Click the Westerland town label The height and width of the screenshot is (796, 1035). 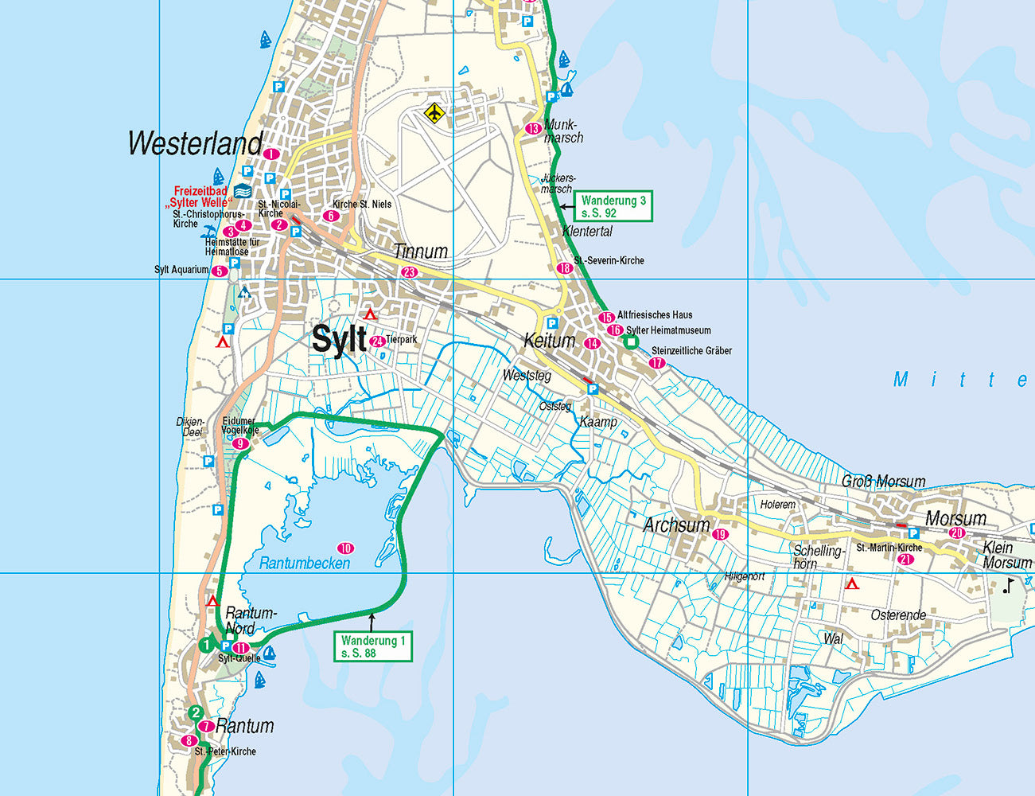pos(195,144)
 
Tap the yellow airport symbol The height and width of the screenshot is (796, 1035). pos(434,112)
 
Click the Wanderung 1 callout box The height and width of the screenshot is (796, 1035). pos(374,646)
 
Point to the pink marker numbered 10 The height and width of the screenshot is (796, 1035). pos(345,548)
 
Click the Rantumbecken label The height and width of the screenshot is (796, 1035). pos(305,564)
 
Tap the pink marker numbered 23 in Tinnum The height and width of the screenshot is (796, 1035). pos(409,272)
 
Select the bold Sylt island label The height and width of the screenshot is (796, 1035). pos(339,339)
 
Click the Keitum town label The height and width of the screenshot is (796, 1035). pos(549,341)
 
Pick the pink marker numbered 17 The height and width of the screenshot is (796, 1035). pos(657,363)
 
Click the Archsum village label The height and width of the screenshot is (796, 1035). pos(676,525)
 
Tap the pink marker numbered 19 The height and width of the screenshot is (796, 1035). pos(721,534)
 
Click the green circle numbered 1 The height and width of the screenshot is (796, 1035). pos(206,645)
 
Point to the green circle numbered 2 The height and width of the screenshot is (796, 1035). pos(196,712)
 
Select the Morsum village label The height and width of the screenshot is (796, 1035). pos(955,519)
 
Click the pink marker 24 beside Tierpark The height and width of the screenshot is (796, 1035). pos(378,341)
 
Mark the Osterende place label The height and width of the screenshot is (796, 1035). pos(898,615)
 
